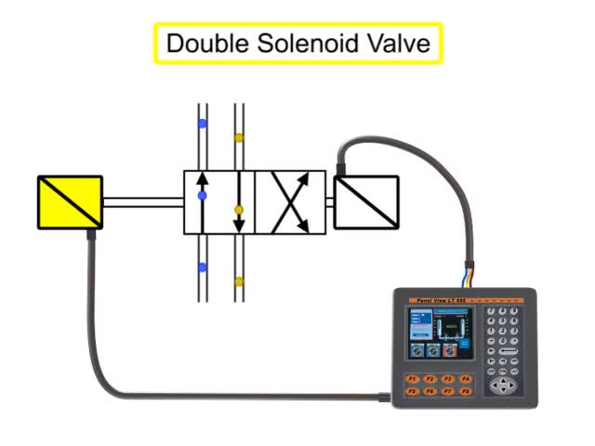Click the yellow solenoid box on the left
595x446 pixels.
[70, 201]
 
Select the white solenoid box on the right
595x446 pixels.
[365, 201]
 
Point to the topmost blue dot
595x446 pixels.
[202, 123]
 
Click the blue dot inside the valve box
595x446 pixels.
[202, 197]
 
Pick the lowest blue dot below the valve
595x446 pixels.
[202, 268]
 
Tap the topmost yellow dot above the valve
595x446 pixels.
[239, 138]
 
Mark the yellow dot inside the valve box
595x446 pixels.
[239, 210]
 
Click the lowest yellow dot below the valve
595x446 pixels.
[239, 281]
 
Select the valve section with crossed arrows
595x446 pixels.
[290, 202]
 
